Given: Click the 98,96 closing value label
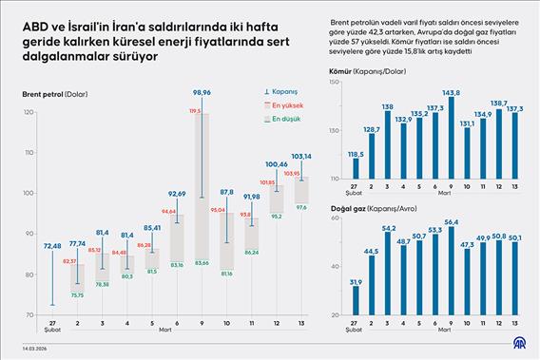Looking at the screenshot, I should [201, 93].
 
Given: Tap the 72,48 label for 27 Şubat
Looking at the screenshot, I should [51, 246].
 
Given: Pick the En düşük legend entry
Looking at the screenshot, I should [285, 120].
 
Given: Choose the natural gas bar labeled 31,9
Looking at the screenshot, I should [356, 301].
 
